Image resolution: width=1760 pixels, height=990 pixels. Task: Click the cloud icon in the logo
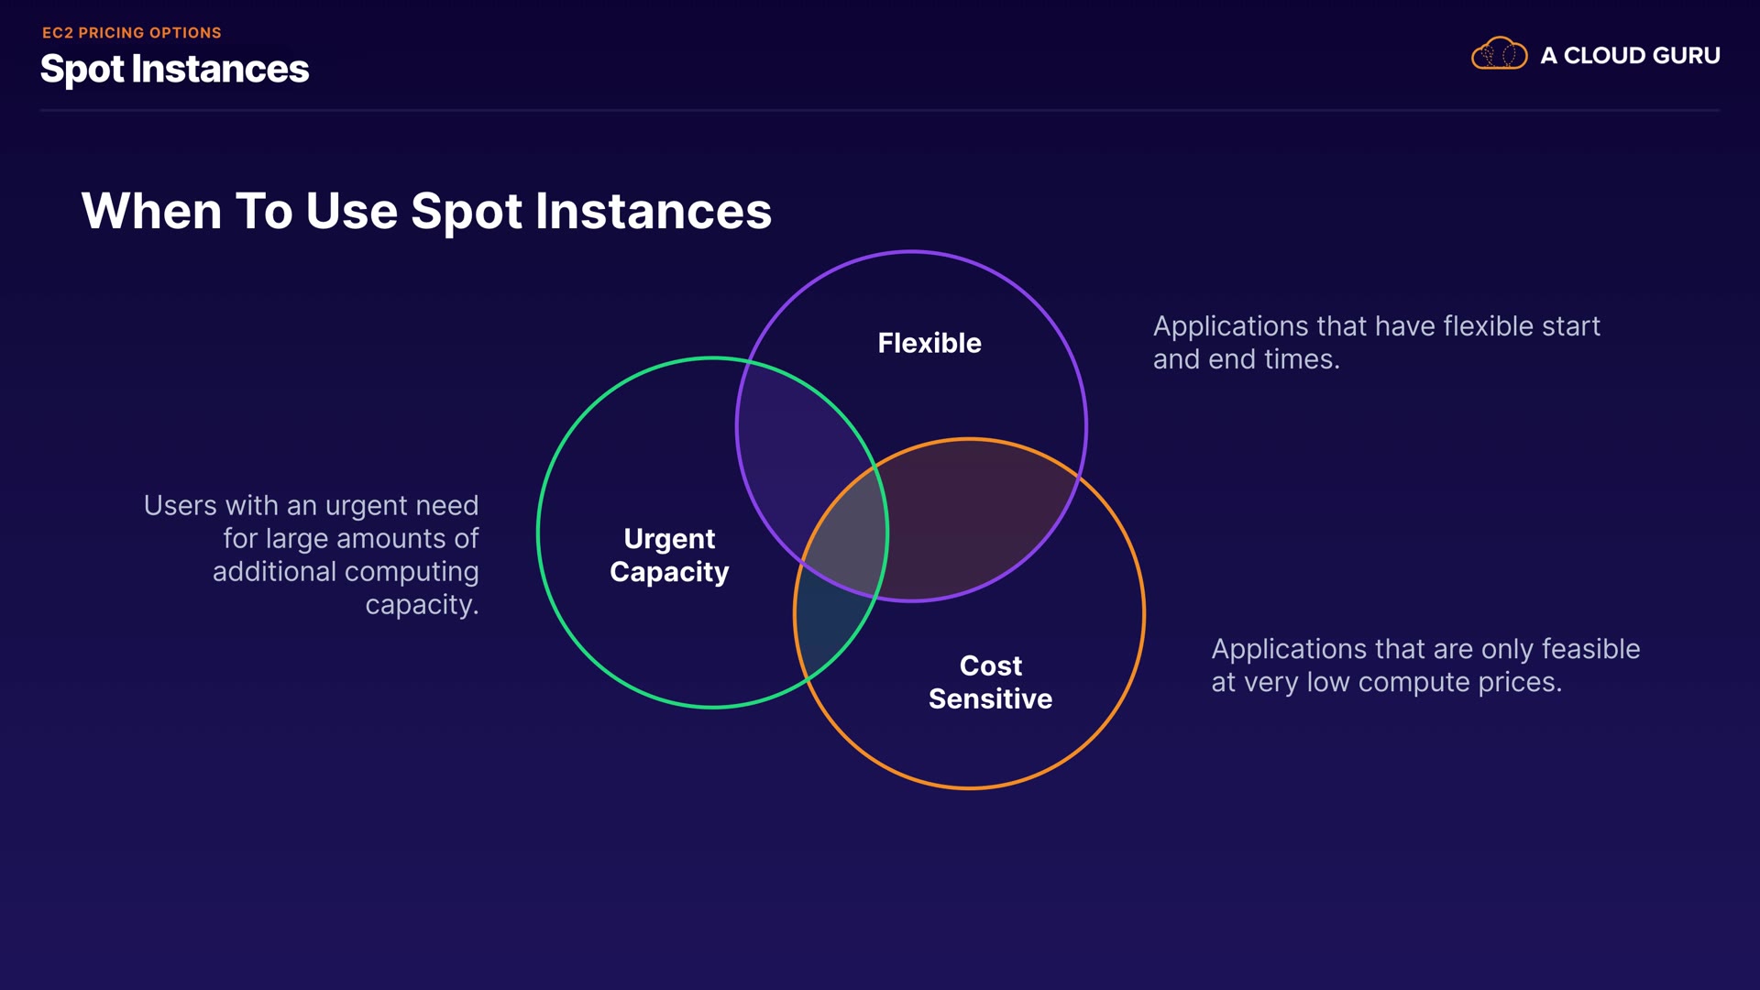tap(1499, 54)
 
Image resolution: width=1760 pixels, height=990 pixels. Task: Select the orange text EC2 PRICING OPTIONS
tap(132, 33)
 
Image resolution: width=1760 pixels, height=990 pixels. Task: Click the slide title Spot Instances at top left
tap(174, 70)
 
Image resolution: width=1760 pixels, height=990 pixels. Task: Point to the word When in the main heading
tap(151, 212)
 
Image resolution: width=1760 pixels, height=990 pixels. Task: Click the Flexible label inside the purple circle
tap(929, 343)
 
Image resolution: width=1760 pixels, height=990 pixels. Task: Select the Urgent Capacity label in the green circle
tap(669, 555)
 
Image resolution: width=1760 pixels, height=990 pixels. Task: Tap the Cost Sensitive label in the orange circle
tap(990, 682)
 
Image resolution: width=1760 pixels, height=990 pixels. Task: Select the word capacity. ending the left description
tap(422, 605)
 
